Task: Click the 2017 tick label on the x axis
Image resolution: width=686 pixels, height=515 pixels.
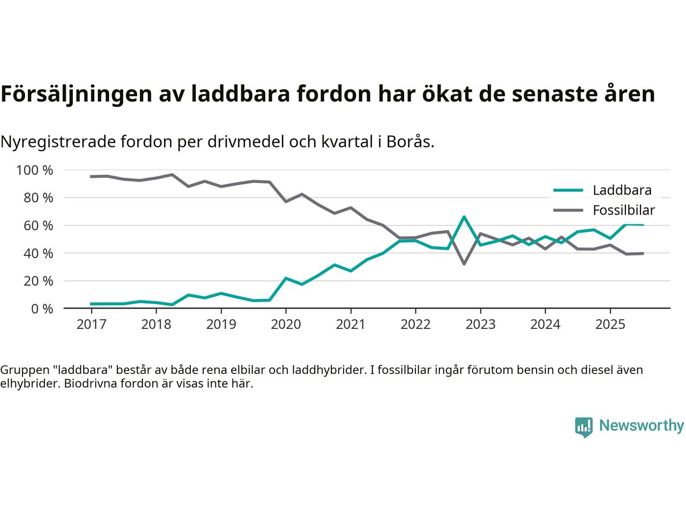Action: coord(91,325)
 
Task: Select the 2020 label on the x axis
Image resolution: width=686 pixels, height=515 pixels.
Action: coord(286,325)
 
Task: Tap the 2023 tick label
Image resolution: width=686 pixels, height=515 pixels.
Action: coord(480,325)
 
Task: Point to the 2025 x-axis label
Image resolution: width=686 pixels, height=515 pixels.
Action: coord(610,325)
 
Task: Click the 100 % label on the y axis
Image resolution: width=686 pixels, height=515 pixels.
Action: coord(35,171)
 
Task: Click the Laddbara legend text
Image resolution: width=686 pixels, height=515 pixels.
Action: coord(622,190)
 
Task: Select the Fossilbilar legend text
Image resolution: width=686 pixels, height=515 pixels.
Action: coord(623,210)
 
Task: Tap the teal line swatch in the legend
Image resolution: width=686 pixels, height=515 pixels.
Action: coord(568,190)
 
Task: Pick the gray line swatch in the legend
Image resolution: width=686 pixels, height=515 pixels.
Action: coord(568,210)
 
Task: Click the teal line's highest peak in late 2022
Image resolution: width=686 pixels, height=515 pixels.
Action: coord(464,217)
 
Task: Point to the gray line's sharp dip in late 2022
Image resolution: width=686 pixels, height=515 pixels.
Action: coord(464,264)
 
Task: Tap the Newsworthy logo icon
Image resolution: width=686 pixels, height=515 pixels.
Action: coord(584,427)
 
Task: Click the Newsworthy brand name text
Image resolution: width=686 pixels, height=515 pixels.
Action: coord(641,426)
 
